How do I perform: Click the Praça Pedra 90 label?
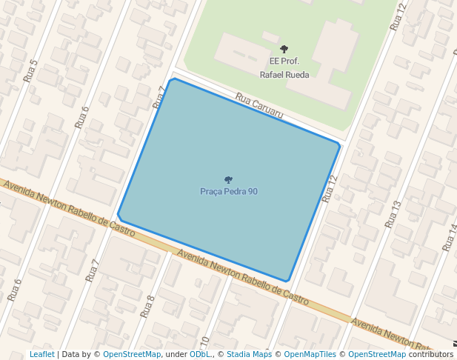[x=229, y=192]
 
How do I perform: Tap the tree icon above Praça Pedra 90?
[x=228, y=180]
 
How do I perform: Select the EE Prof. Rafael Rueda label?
[x=284, y=67]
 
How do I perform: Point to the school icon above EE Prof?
[x=284, y=49]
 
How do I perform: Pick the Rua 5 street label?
[x=30, y=70]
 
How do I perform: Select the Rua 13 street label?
[x=393, y=214]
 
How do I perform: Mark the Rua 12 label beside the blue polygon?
[x=330, y=188]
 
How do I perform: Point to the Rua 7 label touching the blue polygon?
[x=159, y=98]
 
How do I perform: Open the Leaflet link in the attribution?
[x=41, y=355]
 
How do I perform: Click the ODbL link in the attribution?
[x=199, y=355]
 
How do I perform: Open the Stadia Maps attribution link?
[x=249, y=355]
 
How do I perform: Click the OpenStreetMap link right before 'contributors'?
[x=377, y=355]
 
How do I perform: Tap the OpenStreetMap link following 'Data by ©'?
[x=131, y=355]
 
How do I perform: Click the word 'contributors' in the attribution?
[x=430, y=355]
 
